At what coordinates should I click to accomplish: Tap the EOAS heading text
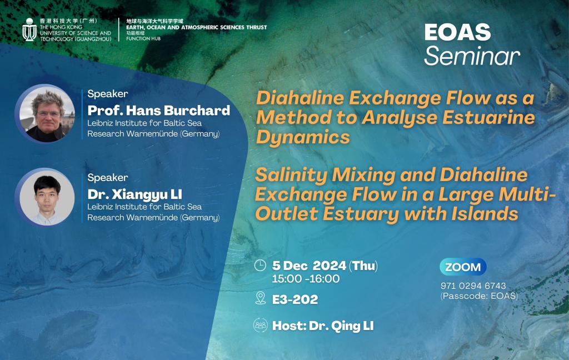click(457, 33)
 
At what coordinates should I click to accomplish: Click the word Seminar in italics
click(472, 56)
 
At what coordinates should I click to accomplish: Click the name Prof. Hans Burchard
click(158, 110)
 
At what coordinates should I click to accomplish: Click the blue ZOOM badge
click(463, 267)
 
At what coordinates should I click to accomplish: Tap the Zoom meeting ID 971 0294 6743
click(473, 286)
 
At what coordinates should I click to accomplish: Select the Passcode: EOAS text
click(479, 296)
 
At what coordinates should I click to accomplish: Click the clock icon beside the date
click(260, 266)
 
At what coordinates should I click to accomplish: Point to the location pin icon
click(260, 298)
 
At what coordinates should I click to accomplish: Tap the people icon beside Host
click(260, 326)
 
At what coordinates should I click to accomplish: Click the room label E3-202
click(295, 299)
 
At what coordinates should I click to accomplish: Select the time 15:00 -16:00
click(306, 279)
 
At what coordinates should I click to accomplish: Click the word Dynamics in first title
click(303, 137)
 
